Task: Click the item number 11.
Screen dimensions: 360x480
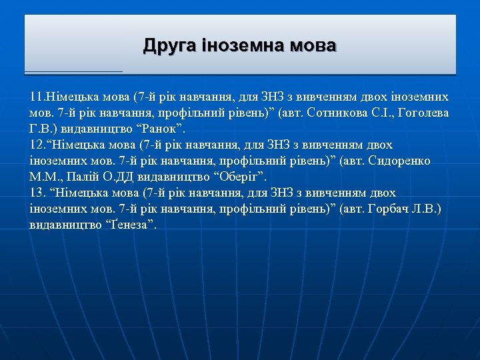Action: (x=37, y=97)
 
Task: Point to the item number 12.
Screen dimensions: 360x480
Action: (x=37, y=145)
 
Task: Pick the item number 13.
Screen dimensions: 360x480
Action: (x=37, y=193)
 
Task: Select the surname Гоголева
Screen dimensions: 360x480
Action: (x=424, y=113)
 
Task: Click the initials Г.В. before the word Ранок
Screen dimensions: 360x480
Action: (x=43, y=129)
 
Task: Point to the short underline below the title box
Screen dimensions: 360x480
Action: (x=73, y=71)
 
